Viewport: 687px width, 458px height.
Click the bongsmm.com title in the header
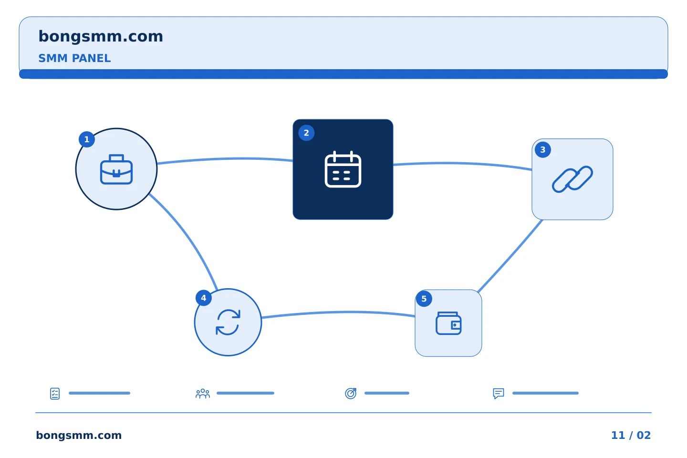(101, 37)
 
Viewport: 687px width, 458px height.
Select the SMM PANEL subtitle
(74, 58)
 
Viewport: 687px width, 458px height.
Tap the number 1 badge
(87, 139)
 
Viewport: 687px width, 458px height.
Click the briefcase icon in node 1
(116, 169)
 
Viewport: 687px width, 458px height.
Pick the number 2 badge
(306, 133)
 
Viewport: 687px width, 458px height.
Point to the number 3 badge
(543, 150)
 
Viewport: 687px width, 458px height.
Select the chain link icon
(572, 179)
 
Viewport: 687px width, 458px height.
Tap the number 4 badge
(204, 298)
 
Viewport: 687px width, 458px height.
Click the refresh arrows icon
(228, 323)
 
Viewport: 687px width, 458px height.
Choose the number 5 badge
(424, 299)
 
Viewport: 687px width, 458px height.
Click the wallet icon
(448, 323)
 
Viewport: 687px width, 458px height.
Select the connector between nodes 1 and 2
(225, 159)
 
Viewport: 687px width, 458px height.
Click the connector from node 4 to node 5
(338, 312)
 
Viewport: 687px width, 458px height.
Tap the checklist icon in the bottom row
(55, 394)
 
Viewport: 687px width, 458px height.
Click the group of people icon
(203, 394)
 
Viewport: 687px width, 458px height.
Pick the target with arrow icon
(351, 394)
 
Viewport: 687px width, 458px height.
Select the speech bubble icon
(499, 394)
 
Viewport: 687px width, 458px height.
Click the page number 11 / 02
(631, 435)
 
